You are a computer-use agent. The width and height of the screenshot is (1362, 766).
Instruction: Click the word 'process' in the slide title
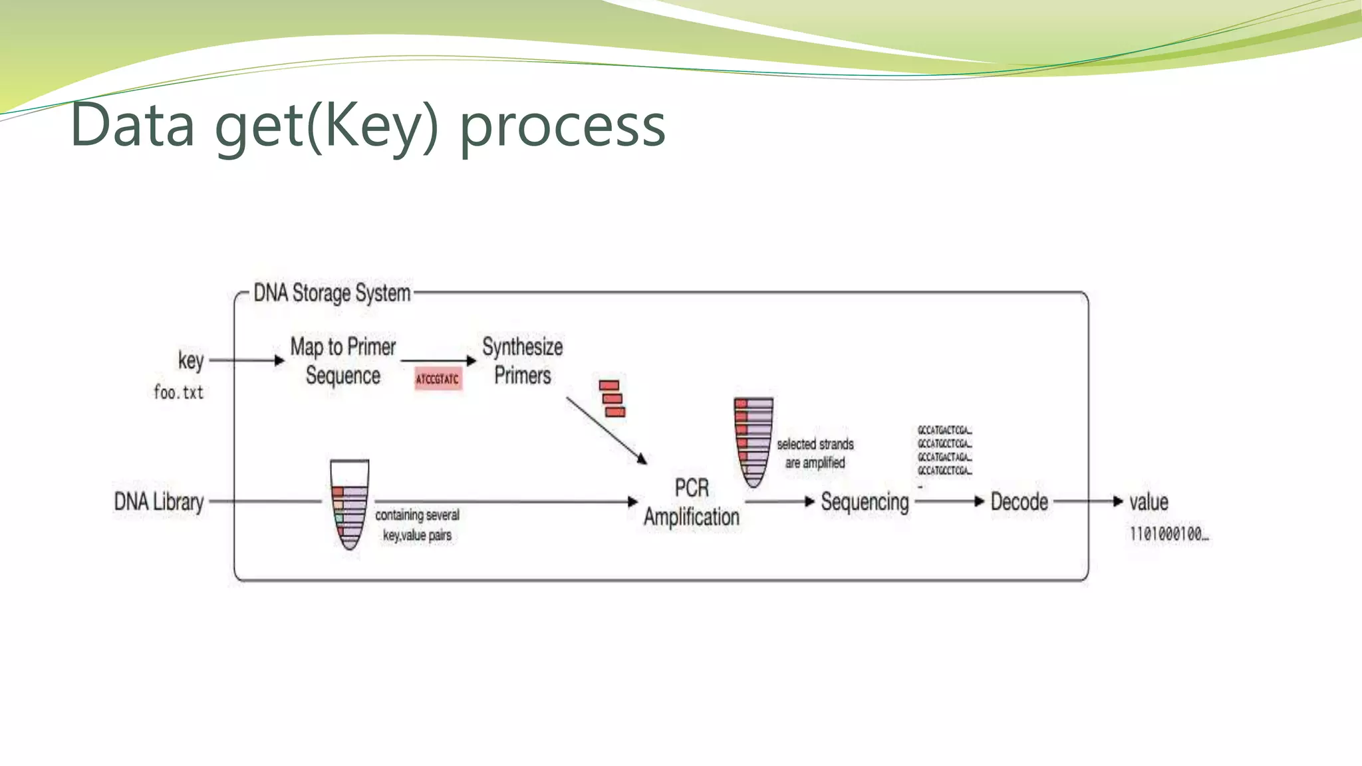coord(563,126)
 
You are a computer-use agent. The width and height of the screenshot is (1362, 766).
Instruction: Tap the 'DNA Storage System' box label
coord(332,293)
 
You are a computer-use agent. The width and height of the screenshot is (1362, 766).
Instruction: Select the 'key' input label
coord(191,360)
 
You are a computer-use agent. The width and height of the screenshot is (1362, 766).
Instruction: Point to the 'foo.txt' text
coord(178,392)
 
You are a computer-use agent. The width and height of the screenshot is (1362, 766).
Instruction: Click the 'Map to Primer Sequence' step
coord(343,361)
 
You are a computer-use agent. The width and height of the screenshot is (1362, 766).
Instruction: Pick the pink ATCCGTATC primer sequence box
coord(438,379)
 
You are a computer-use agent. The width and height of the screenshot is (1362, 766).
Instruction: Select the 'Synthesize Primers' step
coord(523,361)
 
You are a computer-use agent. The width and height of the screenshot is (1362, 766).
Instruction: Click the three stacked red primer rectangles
coord(612,399)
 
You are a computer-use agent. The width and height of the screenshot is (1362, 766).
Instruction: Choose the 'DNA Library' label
coord(159,501)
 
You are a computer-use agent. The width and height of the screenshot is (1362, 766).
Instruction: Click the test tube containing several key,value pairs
coord(350,505)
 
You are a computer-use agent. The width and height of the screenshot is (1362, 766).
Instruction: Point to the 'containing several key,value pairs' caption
coord(417,525)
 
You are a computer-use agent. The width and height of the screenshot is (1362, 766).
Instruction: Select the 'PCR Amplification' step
coord(691,503)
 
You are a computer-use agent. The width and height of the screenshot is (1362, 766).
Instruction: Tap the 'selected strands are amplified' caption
coord(815,453)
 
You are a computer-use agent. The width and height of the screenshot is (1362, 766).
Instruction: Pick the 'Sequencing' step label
coord(865,502)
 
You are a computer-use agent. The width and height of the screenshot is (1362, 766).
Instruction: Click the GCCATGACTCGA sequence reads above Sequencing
coord(944,451)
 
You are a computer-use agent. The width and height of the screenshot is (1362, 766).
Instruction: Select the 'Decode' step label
coord(1019,501)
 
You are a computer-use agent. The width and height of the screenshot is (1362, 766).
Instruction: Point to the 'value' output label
coord(1149,501)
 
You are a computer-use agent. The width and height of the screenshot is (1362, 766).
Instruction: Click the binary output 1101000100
coord(1168,534)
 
